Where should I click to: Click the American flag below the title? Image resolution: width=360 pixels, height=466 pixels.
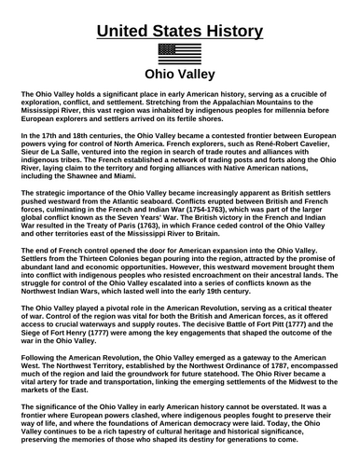(180, 52)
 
